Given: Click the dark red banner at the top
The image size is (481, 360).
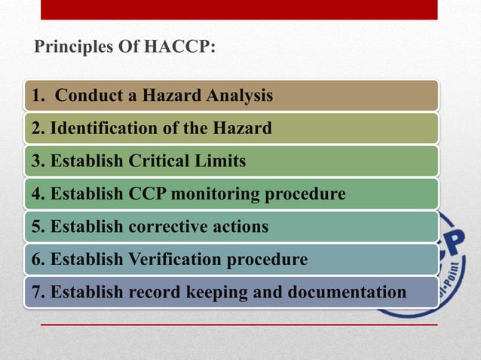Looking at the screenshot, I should click(238, 9).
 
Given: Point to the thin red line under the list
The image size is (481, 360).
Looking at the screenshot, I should click(238, 325).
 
